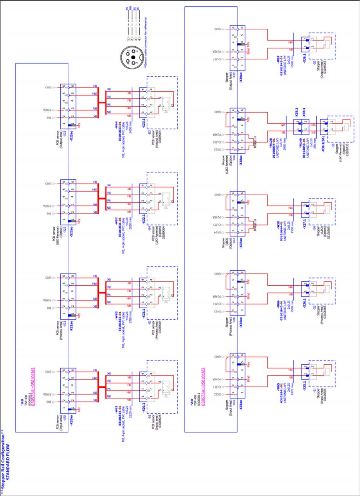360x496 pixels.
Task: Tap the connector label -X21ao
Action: pos(71,323)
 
